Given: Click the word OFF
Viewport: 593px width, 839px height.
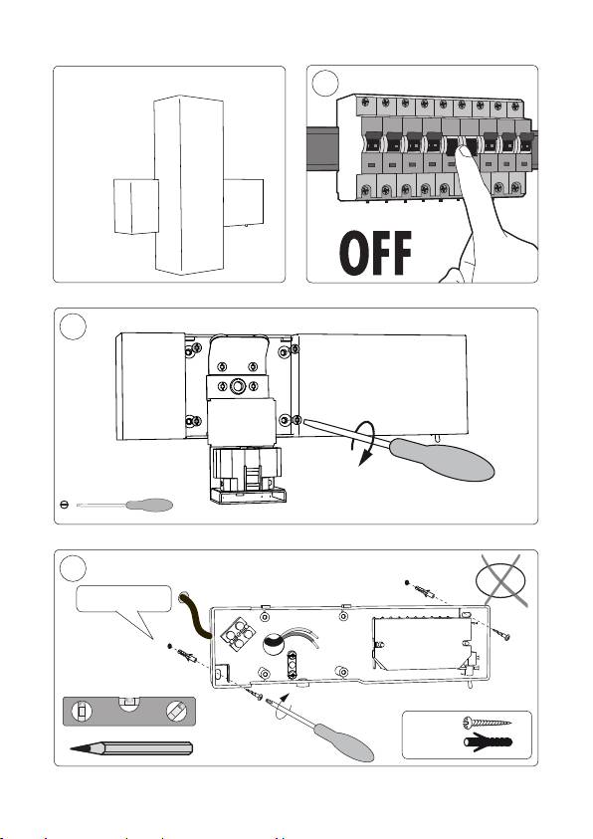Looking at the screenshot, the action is [x=375, y=253].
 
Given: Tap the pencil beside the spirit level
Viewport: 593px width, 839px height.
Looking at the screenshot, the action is [x=131, y=748].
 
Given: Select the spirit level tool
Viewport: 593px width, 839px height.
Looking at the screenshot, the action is [x=129, y=712].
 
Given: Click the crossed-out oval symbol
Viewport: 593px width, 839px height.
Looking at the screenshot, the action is [x=501, y=581].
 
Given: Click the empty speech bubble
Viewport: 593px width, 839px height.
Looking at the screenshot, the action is [x=124, y=605].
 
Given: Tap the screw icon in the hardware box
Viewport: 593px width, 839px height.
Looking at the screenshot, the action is [x=487, y=723].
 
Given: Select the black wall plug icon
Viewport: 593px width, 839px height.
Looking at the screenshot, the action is [x=488, y=742].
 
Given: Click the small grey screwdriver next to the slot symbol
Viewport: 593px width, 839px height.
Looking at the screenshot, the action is [x=124, y=505].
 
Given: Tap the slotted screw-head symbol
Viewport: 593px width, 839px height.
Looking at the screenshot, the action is [x=64, y=505].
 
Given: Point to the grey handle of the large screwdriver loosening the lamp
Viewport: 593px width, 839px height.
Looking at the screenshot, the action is [x=442, y=459].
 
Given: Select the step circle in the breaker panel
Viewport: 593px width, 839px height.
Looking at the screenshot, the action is [x=325, y=83].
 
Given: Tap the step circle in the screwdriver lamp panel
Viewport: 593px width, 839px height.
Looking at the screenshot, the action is [x=73, y=326].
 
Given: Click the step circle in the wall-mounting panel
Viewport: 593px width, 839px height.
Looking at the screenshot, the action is [x=73, y=568].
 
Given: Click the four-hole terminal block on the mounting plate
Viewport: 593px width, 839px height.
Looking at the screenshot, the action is [x=239, y=634].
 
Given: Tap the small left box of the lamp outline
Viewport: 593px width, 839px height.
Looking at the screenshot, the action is [x=136, y=207].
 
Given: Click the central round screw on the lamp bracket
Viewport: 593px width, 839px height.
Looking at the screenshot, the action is [x=237, y=386].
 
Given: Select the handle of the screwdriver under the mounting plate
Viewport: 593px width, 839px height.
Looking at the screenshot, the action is [x=344, y=741].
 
